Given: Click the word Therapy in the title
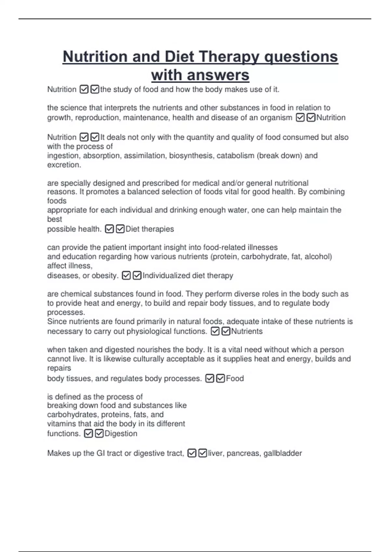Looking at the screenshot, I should point(229,57).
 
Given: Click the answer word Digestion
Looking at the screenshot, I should point(121,433).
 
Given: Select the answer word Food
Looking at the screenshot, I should point(235,378).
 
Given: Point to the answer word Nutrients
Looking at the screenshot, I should point(247,331).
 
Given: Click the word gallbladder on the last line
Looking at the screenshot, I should point(282,453).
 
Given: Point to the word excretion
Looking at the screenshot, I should point(64,165).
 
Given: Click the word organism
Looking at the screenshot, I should point(276,118).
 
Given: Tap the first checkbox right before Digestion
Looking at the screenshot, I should point(88,433).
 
